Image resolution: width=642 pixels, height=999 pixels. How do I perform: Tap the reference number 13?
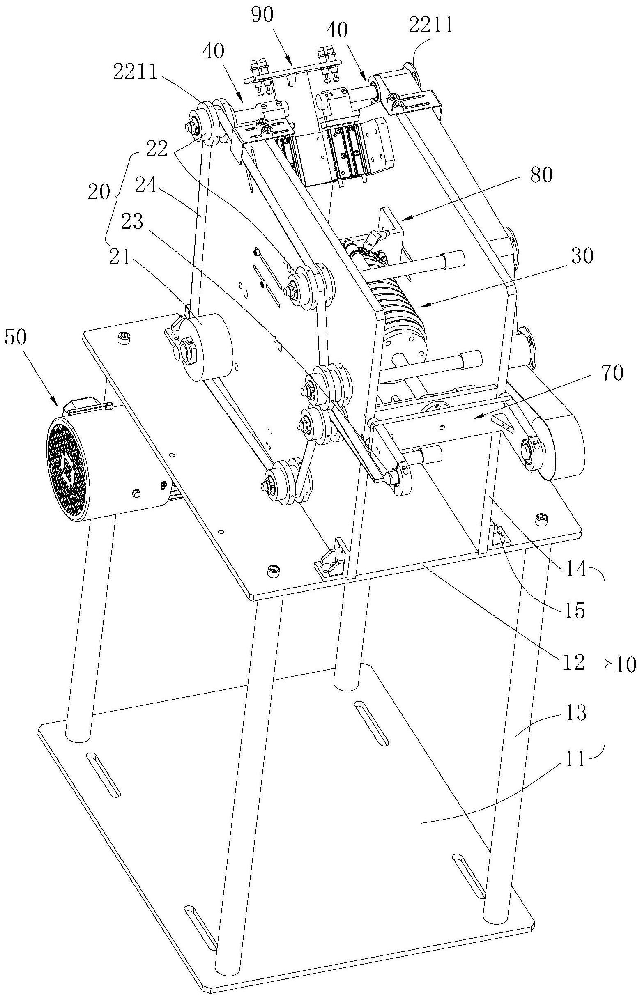tap(575, 715)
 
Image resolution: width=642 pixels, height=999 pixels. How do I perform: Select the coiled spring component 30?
tap(396, 306)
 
